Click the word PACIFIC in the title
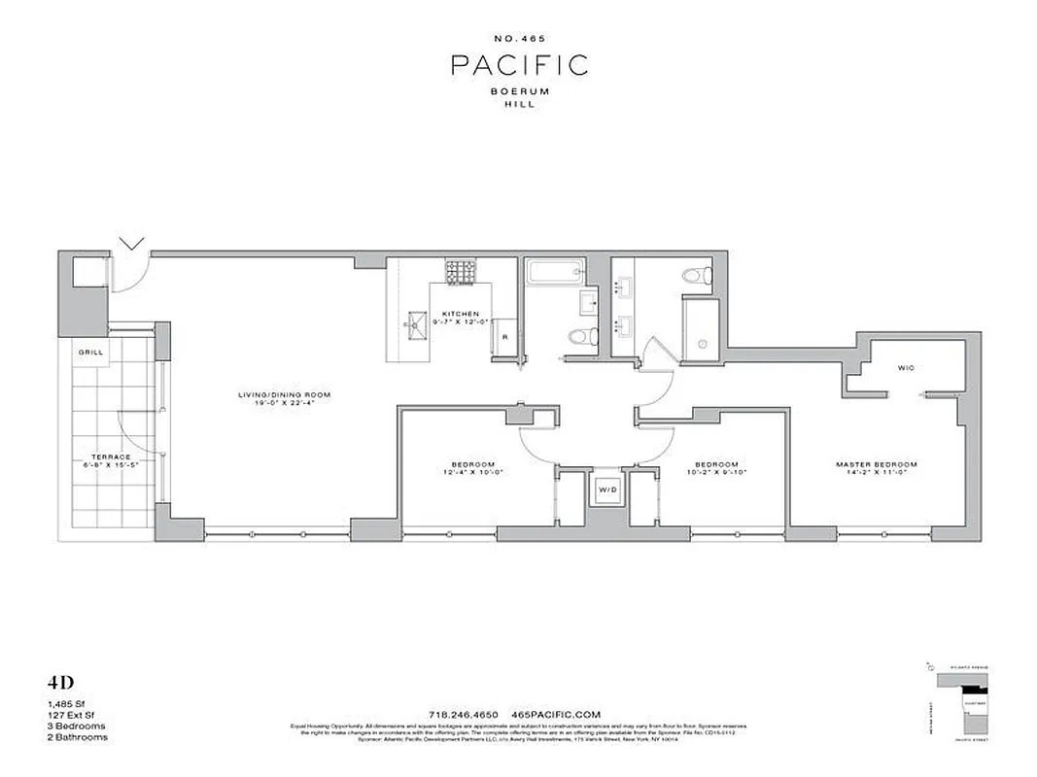coord(519,65)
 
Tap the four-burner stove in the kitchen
coord(459,273)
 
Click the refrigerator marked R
coord(504,338)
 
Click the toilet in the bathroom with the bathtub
coord(579,337)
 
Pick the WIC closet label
coord(906,368)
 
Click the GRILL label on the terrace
coord(91,353)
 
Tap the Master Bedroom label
coord(877,464)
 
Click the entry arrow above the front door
coord(133,243)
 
